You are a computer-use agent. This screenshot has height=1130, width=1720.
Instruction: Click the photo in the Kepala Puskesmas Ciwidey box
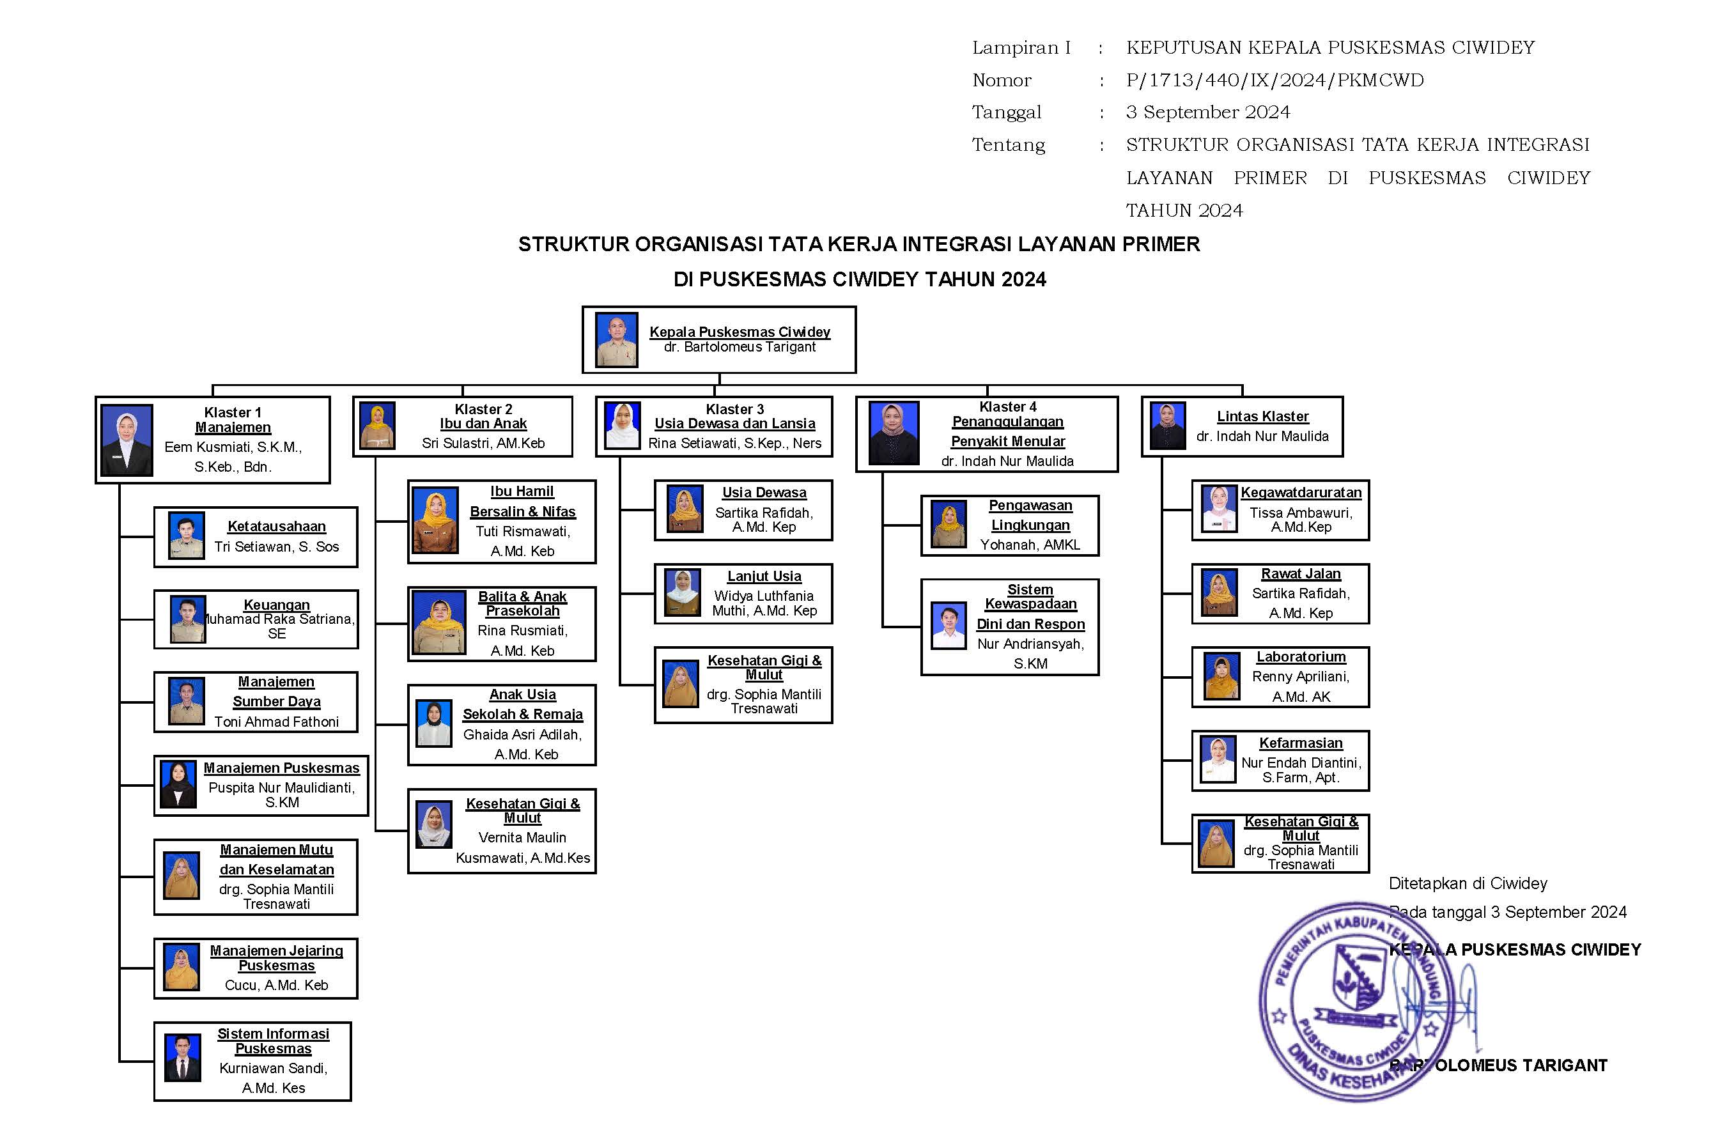(x=616, y=339)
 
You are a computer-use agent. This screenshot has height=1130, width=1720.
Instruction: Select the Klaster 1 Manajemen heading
(x=233, y=420)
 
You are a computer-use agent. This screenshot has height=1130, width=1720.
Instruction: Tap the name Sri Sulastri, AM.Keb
(x=483, y=443)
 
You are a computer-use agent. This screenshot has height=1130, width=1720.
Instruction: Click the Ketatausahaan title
(x=276, y=526)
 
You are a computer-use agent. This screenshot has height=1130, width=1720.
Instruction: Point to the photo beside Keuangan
(x=188, y=619)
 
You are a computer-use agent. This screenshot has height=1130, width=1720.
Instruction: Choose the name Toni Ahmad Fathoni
(x=276, y=721)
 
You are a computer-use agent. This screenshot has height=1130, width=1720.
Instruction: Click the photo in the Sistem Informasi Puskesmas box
(x=182, y=1058)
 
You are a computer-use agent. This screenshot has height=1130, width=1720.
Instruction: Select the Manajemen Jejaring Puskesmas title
(x=276, y=958)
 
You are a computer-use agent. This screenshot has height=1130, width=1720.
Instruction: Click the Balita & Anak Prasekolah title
(x=522, y=603)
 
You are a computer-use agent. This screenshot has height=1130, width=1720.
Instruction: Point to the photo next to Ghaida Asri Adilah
(x=433, y=724)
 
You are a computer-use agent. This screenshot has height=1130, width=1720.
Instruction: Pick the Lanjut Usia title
(x=764, y=576)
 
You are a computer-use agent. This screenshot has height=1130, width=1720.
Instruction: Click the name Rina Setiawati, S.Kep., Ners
(x=734, y=443)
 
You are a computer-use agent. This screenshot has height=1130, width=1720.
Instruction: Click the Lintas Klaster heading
(x=1262, y=416)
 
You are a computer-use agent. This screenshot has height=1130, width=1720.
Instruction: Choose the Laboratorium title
(x=1300, y=657)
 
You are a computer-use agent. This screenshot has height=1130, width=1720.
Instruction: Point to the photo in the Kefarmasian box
(x=1218, y=759)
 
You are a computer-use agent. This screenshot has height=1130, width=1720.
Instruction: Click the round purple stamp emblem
(x=1356, y=1001)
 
